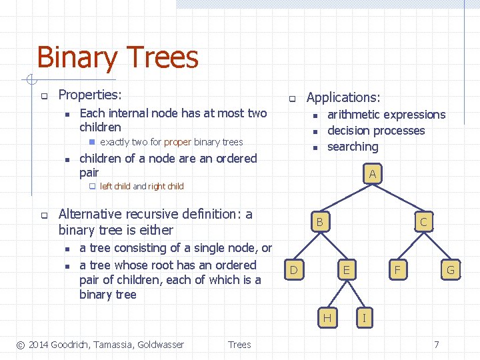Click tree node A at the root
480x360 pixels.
coord(372,175)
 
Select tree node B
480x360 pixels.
coord(320,221)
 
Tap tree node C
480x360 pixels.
coord(423,221)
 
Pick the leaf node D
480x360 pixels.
coord(293,269)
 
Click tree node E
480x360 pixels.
coord(345,269)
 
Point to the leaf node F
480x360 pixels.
coord(397,269)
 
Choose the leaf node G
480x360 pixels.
coord(450,269)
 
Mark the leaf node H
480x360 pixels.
coord(327,317)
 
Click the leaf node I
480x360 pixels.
coord(363,317)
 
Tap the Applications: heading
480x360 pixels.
coord(343,98)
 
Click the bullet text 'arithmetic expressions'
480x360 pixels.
coord(386,115)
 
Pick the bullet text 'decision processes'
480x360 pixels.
coord(376,131)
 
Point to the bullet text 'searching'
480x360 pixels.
coord(353,147)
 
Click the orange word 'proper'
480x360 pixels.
coord(177,142)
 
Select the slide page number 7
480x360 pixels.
coord(437,345)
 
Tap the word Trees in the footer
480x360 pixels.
coord(239,345)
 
